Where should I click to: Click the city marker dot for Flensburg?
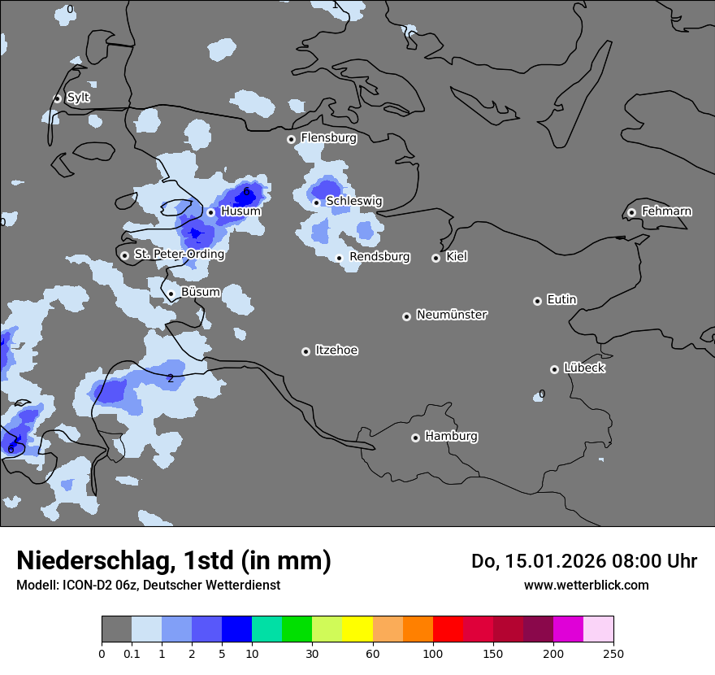click(x=291, y=139)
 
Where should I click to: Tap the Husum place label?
click(x=240, y=211)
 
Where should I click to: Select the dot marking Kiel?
click(x=435, y=258)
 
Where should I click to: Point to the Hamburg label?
click(x=451, y=436)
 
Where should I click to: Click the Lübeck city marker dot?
click(x=554, y=369)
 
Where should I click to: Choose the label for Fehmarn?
click(x=666, y=211)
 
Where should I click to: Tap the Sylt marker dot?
click(x=57, y=98)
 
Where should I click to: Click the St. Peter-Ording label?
click(x=179, y=255)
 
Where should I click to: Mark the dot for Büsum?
click(x=171, y=294)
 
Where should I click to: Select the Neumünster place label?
click(x=452, y=315)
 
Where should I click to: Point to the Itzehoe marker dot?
click(x=305, y=351)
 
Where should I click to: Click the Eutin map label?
click(x=561, y=300)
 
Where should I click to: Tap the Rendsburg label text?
click(x=379, y=257)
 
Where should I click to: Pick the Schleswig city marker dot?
click(x=316, y=202)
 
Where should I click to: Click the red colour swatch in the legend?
click(x=448, y=629)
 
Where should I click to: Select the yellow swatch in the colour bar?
click(x=357, y=629)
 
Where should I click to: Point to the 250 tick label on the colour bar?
click(x=613, y=653)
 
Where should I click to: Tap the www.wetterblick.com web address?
click(x=586, y=585)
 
